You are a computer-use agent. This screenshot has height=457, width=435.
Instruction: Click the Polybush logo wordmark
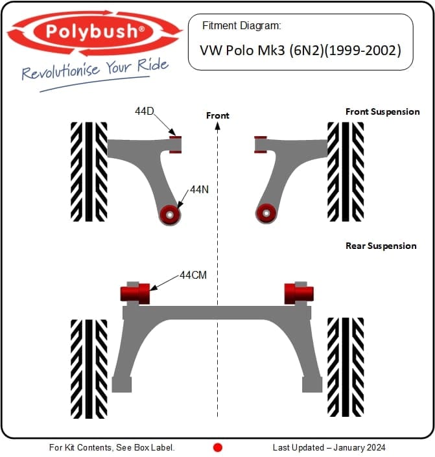(95, 32)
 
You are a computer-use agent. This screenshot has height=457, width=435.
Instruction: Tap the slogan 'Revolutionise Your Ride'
(95, 69)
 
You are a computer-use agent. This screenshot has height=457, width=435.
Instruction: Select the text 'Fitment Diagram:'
(241, 26)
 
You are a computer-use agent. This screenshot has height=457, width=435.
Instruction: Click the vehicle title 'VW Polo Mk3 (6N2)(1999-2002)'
(300, 51)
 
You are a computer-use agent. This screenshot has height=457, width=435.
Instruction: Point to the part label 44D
(145, 111)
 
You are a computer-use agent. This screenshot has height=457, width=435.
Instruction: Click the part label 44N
(200, 190)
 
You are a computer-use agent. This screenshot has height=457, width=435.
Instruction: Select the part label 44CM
(193, 275)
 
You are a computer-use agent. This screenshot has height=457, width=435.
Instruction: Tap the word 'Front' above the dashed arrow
(218, 115)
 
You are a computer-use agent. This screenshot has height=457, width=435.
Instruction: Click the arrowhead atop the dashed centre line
(218, 126)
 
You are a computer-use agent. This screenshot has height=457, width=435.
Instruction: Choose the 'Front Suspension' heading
(382, 111)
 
